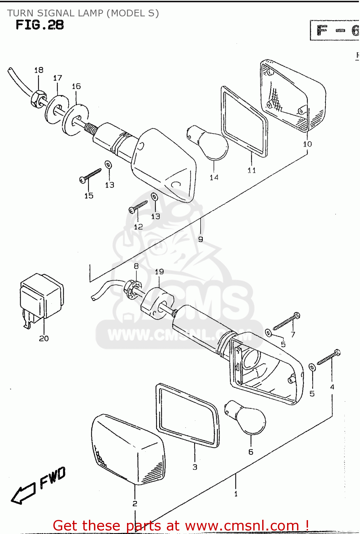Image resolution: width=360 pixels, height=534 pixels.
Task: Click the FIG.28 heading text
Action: [39, 25]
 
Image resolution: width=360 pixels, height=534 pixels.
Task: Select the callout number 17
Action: [58, 78]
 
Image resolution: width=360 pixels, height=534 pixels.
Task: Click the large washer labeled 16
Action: [75, 120]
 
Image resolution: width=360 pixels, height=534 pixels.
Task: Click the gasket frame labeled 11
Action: [245, 121]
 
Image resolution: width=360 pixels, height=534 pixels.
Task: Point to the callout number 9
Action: [201, 239]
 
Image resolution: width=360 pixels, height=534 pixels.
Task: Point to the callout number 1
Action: [236, 494]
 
